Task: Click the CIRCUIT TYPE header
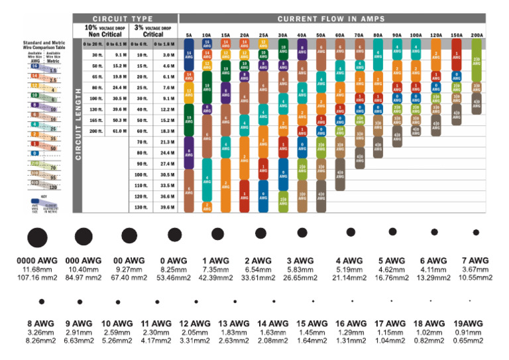tap(123, 18)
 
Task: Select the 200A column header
tap(477, 34)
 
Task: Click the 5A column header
tap(189, 34)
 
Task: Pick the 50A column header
tap(321, 34)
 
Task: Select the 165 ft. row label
tap(97, 120)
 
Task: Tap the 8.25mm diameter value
tap(174, 270)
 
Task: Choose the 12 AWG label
tap(196, 324)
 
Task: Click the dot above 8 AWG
tap(41, 302)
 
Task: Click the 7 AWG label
tap(475, 261)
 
